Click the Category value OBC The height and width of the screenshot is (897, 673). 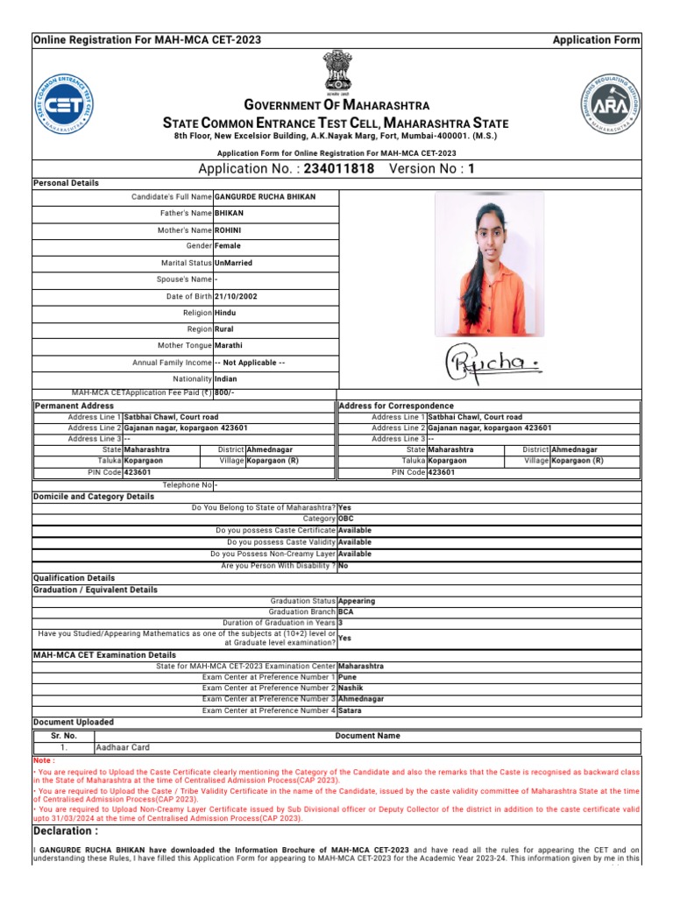pos(346,519)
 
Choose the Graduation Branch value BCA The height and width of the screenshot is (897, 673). pos(346,613)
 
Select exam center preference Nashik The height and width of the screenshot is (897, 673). pos(351,688)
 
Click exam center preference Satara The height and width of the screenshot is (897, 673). pos(350,710)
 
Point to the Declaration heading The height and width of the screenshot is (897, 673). pos(66,830)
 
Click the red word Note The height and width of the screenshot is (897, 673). pos(44,761)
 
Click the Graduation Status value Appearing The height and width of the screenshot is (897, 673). pos(357,601)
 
